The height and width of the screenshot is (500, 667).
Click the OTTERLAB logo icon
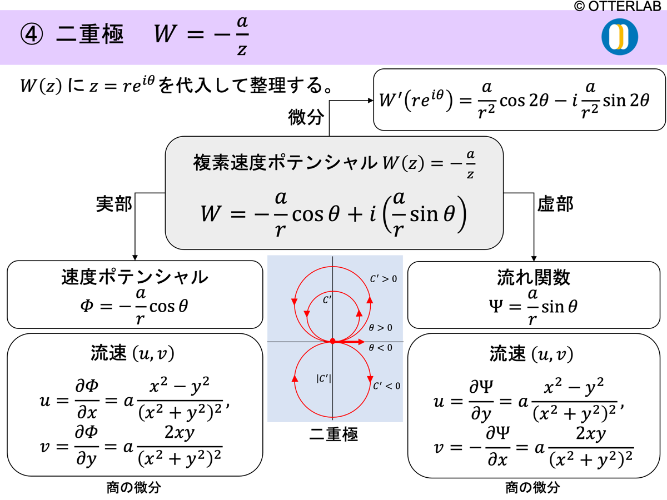point(619,37)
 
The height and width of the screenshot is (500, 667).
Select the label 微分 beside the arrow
point(306,117)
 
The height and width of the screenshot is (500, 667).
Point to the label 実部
point(114,204)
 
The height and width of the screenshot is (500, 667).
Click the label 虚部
point(555,204)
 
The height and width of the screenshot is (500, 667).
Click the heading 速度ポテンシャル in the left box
point(135,278)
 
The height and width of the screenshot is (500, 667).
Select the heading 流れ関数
point(534,277)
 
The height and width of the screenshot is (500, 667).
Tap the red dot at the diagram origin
point(332,341)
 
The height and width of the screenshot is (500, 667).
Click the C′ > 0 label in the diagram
point(384,279)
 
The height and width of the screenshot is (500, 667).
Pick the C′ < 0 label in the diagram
point(386,386)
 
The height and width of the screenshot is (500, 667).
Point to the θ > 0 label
point(381,328)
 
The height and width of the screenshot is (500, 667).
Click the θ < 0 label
point(381,348)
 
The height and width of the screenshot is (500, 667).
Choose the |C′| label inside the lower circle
point(323,379)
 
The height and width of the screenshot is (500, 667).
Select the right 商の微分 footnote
point(532,488)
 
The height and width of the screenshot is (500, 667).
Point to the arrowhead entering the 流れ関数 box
point(534,258)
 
